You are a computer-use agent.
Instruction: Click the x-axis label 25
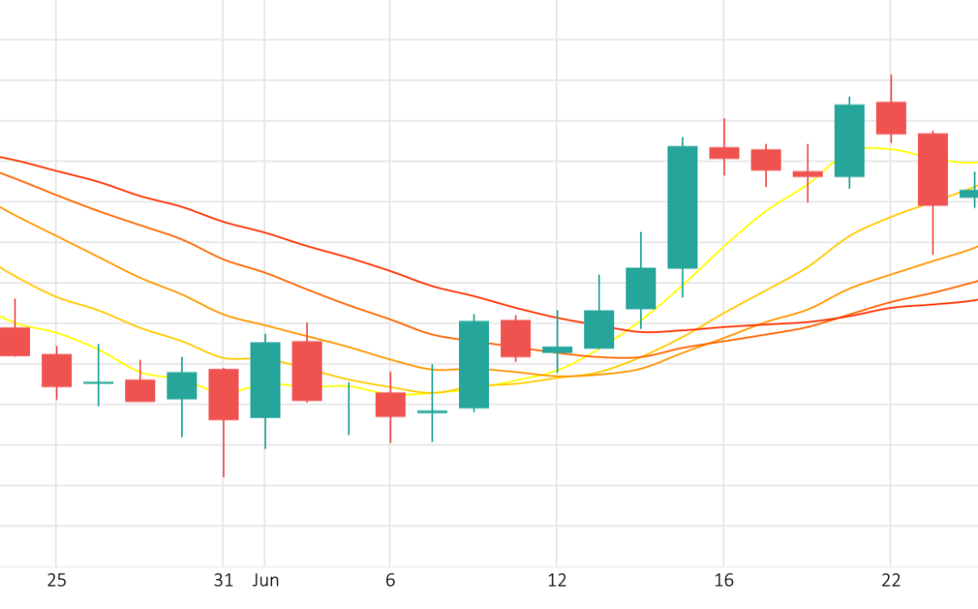coord(57,581)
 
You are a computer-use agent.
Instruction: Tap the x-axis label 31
coord(223,581)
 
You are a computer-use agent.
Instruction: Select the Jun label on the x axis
coord(266,581)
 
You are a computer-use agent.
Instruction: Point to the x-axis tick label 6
coord(390,581)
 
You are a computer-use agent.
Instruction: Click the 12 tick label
coord(557,581)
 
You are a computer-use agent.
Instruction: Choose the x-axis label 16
coord(724,581)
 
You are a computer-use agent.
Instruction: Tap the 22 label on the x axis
coord(890,581)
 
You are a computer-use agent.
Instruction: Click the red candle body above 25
coord(57,370)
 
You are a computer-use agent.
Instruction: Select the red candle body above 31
coord(223,394)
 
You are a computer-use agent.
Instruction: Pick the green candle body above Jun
coord(265,380)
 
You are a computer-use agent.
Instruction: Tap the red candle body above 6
coord(390,404)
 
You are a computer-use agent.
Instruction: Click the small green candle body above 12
coord(557,349)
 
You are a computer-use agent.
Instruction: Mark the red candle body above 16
coord(724,153)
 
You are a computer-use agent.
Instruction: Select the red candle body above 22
coord(890,118)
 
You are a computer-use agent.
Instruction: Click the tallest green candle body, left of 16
coord(683,207)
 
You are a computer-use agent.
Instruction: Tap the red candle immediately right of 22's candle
coord(933,169)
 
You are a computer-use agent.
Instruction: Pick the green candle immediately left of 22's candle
coord(849,141)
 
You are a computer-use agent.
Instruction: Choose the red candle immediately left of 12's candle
coord(516,338)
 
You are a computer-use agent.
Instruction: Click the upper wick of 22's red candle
coord(890,88)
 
